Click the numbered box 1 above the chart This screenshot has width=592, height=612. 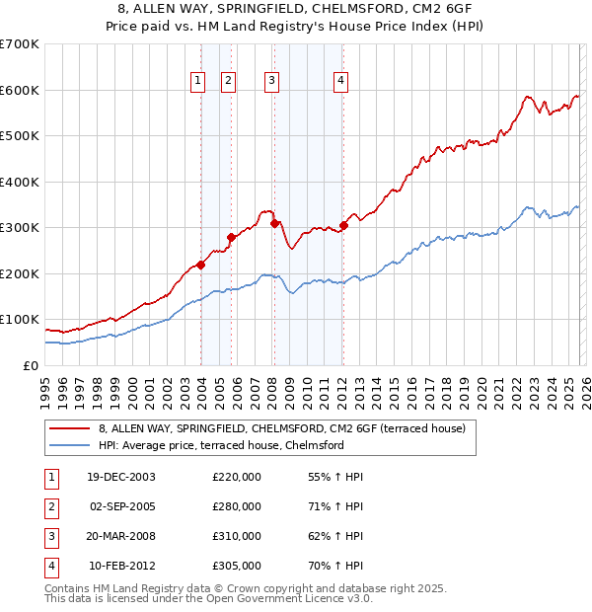pyautogui.click(x=197, y=81)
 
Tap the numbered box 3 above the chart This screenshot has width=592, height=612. pyautogui.click(x=271, y=81)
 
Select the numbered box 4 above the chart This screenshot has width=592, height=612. pyautogui.click(x=339, y=81)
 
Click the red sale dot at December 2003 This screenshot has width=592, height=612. pyautogui.click(x=201, y=265)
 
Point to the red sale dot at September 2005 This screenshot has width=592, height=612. pyautogui.click(x=231, y=237)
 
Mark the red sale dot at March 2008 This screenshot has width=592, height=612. pyautogui.click(x=275, y=223)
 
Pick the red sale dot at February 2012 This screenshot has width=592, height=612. pyautogui.click(x=343, y=225)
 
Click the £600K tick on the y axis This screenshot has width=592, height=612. pyautogui.click(x=20, y=90)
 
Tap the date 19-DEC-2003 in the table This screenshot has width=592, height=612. pyautogui.click(x=121, y=477)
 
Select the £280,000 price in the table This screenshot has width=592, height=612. pyautogui.click(x=237, y=506)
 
